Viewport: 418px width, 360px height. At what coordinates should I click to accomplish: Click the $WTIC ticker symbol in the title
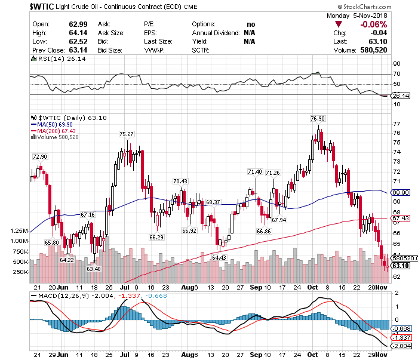[x=20, y=6]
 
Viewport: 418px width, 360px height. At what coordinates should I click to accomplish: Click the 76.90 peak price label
[x=318, y=119]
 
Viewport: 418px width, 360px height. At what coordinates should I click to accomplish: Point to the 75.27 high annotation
[x=126, y=134]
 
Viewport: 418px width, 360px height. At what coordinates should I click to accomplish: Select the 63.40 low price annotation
[x=94, y=269]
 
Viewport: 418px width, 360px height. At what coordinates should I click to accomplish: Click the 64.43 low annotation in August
[x=219, y=257]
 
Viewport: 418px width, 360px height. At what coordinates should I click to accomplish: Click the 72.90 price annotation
[x=39, y=156]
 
